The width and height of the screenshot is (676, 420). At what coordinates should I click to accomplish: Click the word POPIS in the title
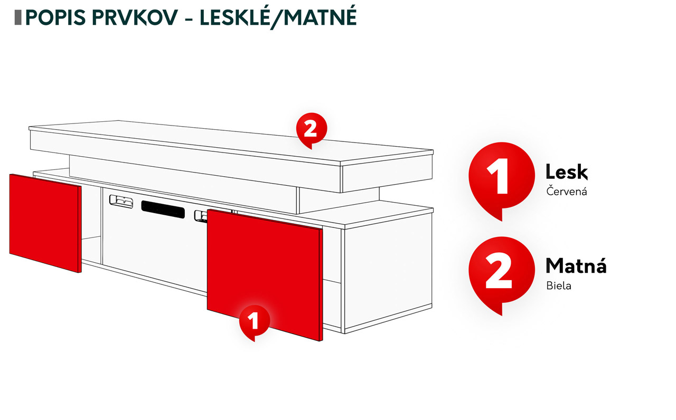(55, 17)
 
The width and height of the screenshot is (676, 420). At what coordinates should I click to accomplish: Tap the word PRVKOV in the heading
(135, 17)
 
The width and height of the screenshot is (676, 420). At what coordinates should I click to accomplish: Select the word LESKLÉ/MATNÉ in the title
(278, 18)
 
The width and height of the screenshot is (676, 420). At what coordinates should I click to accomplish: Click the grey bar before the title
(18, 17)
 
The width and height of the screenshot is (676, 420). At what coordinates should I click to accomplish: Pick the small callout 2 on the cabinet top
(312, 130)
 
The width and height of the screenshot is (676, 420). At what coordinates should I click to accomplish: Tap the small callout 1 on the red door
(255, 321)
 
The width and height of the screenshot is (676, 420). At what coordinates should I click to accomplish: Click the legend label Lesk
(567, 172)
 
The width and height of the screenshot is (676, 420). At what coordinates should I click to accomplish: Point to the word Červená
(567, 191)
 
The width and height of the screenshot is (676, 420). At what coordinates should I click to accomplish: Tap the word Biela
(559, 285)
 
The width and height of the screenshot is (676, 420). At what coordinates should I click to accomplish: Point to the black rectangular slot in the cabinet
(163, 209)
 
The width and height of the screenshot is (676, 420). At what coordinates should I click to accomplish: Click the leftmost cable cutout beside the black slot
(121, 201)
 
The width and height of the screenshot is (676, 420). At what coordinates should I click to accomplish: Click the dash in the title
(189, 20)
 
